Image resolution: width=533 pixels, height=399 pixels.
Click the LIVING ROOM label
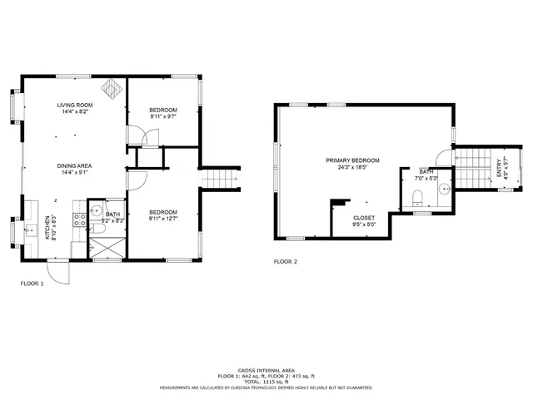75,106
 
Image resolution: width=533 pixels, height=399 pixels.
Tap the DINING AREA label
75,166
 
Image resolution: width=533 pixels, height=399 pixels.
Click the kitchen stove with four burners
81,220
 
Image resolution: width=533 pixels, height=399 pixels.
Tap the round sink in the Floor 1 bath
95,209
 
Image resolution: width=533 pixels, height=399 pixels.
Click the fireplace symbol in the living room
110,88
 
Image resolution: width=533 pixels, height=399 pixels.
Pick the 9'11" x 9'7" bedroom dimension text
162,117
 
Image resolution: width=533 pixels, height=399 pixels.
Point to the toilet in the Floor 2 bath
418,198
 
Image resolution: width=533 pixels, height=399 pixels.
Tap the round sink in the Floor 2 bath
444,189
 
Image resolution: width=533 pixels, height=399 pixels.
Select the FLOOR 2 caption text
286,262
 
